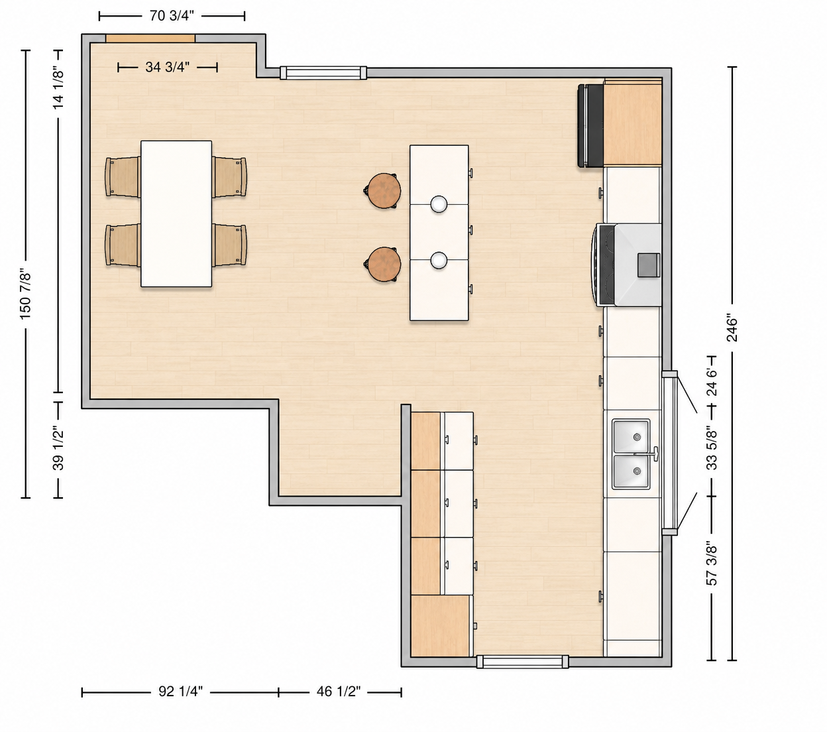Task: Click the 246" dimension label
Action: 732,328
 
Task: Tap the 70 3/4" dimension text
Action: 172,16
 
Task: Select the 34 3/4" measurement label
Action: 168,67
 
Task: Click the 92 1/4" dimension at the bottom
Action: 180,691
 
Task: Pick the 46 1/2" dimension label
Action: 339,691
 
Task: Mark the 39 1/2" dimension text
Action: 58,448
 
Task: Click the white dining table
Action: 176,213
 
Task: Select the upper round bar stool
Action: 384,191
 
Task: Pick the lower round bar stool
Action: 384,265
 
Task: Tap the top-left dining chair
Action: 123,177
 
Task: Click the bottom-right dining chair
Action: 229,245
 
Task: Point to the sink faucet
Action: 653,454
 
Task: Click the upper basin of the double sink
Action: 631,436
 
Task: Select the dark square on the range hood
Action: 649,265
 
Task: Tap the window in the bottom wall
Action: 522,662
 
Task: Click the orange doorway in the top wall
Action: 150,38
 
